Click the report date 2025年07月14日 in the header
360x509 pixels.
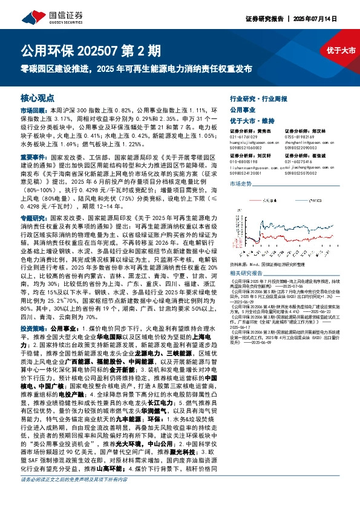click(332, 19)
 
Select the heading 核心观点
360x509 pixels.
click(38, 97)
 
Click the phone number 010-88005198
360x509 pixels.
click(243, 161)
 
